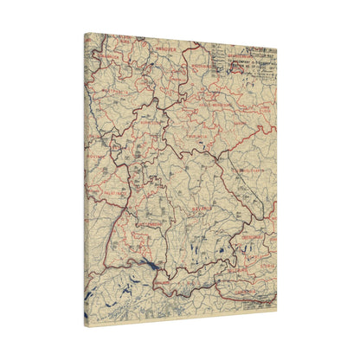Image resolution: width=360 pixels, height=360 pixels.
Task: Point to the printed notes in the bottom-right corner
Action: pos(258,302)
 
